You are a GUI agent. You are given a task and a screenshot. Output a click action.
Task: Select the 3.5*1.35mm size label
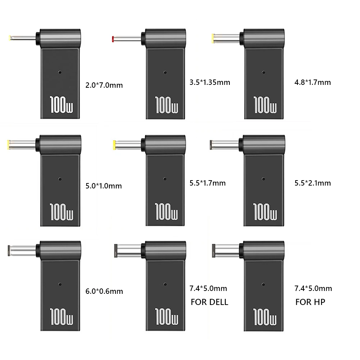209,82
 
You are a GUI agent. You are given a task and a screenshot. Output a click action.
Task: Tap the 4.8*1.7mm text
312,82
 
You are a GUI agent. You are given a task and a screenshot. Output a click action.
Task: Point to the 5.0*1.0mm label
104,186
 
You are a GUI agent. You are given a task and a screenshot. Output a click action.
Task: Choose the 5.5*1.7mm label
208,183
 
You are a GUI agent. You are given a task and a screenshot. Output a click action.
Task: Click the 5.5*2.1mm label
312,183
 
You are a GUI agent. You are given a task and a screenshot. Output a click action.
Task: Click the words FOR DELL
209,302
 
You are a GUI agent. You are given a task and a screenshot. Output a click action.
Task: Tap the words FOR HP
310,302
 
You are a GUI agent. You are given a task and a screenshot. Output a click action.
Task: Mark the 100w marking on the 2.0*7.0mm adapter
60,104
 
